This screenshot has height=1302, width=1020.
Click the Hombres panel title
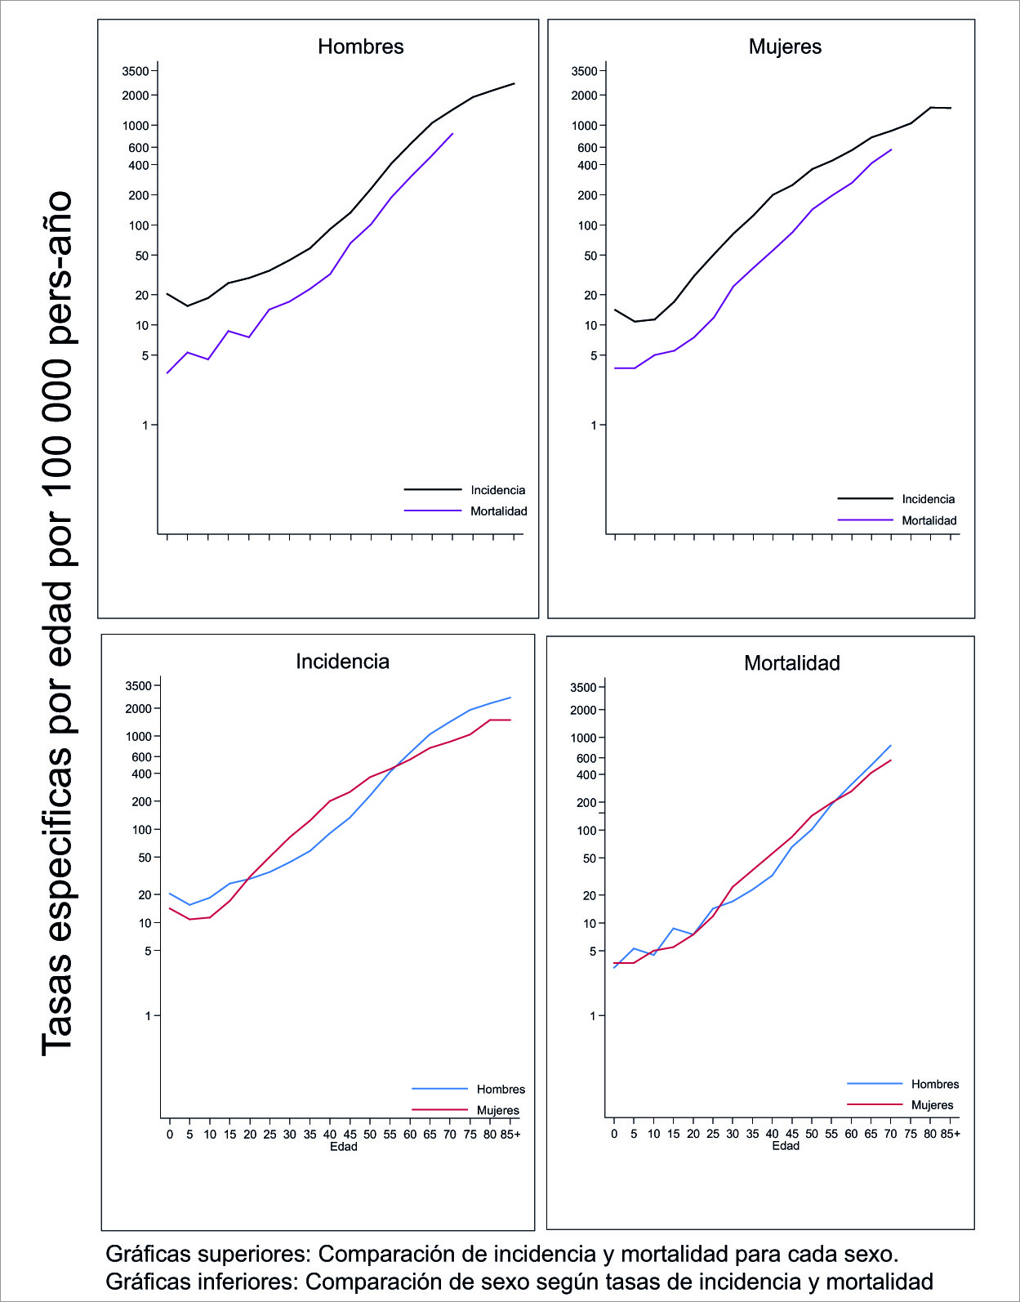[x=360, y=47]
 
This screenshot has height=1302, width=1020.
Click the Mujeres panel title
[x=785, y=47]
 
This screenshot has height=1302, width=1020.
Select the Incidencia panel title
[x=342, y=661]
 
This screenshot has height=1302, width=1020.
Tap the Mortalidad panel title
[x=791, y=662]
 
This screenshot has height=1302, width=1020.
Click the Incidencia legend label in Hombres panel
[x=497, y=490]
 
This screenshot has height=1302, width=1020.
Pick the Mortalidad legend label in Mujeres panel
[x=929, y=520]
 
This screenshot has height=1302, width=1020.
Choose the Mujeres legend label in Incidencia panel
[x=497, y=1110]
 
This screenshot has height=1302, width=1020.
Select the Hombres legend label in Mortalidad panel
[x=934, y=1084]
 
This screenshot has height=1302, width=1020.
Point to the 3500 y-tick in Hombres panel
[x=136, y=71]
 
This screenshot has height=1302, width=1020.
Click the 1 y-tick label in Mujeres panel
[x=594, y=425]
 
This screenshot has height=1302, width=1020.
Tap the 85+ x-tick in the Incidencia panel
[x=510, y=1134]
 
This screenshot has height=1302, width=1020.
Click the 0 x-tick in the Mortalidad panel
[x=614, y=1134]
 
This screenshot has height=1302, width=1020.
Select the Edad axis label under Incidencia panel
[x=343, y=1146]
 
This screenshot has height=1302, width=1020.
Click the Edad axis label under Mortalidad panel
[x=786, y=1146]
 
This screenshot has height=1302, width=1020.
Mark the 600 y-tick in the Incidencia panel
[x=141, y=756]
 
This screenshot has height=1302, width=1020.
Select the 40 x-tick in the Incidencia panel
[x=329, y=1134]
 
